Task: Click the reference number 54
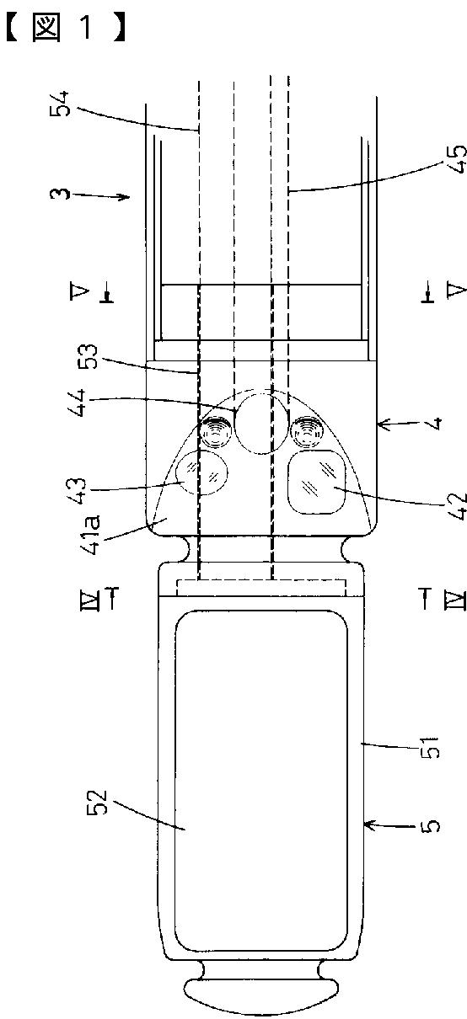61,104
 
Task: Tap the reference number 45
458,159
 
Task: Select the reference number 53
88,357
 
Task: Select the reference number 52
99,802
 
